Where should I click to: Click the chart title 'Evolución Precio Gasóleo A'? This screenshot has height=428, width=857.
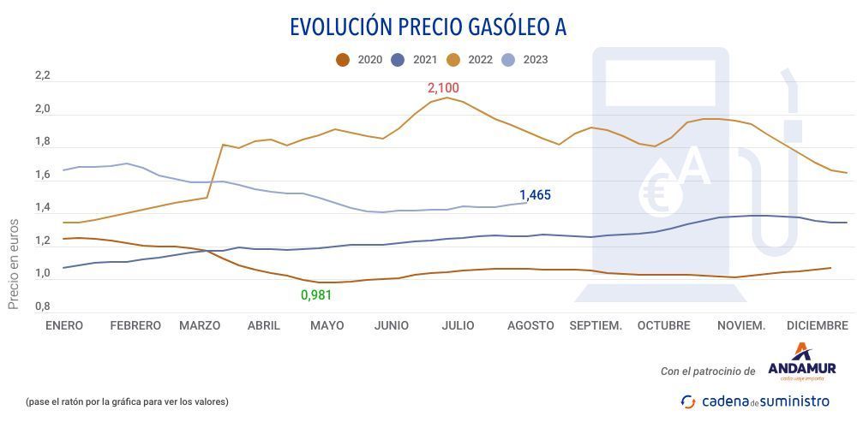428,27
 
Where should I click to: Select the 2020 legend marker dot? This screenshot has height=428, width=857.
343,60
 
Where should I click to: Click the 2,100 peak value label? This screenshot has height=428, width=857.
444,88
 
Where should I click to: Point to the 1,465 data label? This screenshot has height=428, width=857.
535,195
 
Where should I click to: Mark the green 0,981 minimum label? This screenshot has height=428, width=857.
315,295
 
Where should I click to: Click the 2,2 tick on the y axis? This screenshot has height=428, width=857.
43,76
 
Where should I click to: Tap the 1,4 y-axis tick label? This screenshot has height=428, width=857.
43,208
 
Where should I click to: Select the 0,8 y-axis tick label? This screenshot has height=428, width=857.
43,306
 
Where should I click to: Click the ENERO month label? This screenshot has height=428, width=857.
65,325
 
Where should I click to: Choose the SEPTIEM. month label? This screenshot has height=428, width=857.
596,325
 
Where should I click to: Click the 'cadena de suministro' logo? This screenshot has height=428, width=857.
755,401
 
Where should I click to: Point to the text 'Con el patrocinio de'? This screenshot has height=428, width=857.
708,372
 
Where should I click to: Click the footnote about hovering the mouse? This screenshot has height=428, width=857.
126,401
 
